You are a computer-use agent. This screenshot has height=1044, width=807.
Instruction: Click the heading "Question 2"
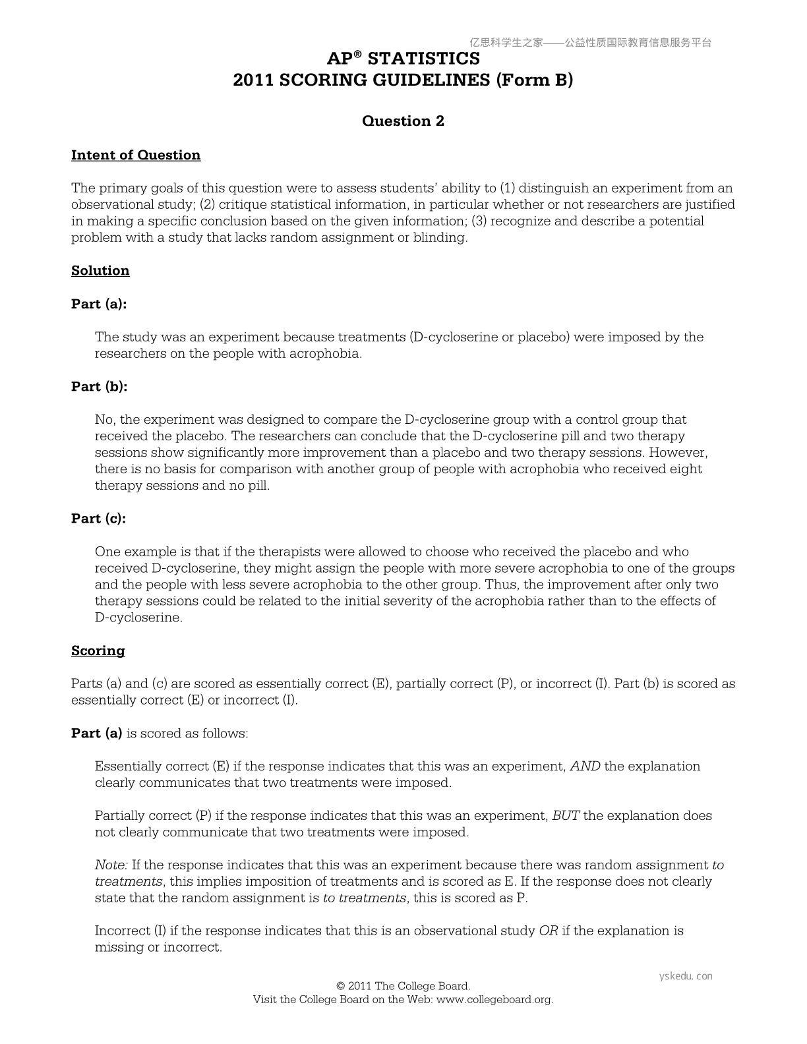403,121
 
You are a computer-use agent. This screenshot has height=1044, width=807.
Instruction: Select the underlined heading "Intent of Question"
136,156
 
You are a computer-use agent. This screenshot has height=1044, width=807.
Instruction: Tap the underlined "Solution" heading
100,271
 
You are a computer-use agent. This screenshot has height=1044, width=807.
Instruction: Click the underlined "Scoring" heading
98,651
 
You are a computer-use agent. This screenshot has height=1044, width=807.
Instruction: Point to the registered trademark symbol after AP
358,55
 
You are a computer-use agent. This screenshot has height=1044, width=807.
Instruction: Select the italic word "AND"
585,767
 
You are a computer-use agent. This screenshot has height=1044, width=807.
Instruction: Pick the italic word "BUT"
566,816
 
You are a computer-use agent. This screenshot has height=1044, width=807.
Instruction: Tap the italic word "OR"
549,931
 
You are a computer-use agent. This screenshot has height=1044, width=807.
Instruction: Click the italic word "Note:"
111,865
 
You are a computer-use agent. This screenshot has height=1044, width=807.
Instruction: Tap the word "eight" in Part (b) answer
685,469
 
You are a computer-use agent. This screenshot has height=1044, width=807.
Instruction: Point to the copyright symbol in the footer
341,987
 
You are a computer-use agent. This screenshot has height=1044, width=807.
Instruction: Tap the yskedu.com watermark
686,976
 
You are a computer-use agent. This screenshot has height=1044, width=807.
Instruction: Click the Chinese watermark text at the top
590,43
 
